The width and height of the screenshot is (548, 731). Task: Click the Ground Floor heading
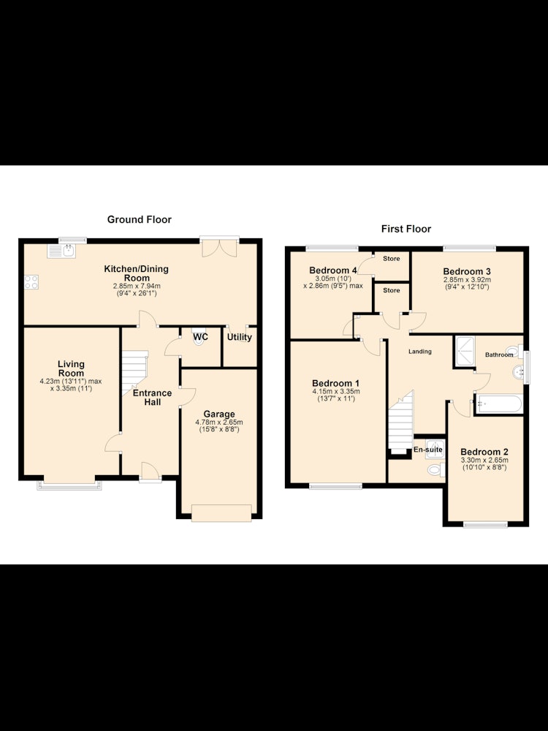point(140,219)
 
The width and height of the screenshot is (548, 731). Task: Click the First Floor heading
point(406,229)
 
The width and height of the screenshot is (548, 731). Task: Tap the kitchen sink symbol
point(61,251)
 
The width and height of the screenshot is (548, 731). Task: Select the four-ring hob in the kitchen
point(31,282)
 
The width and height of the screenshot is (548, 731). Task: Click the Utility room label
point(240,337)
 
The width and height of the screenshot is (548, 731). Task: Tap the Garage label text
point(219,414)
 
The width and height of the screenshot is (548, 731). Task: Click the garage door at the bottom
point(221,513)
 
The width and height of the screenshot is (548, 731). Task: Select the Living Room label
point(72,368)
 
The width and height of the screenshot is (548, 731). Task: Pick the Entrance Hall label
point(153,397)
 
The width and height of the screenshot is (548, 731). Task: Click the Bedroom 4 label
point(333,270)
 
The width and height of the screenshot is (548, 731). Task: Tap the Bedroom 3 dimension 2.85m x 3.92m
point(467,280)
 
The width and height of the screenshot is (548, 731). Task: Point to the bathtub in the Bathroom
point(498,404)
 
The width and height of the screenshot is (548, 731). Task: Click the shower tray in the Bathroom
point(465,351)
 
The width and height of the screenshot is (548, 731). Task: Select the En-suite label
point(427,450)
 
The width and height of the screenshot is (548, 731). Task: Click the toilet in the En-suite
point(436,470)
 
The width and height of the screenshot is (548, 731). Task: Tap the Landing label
point(420,352)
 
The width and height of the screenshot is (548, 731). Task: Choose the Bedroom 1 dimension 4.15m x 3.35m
point(336,392)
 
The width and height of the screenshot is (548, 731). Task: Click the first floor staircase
point(400,422)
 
